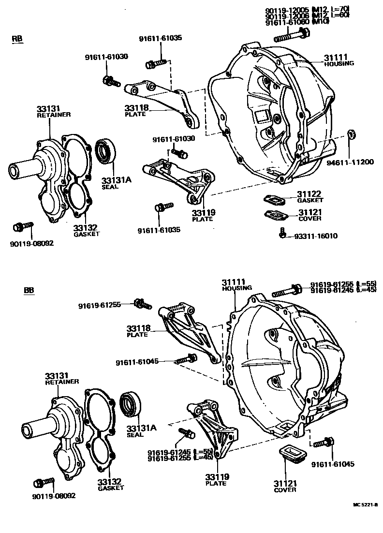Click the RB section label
tap(17, 39)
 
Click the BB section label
tap(29, 291)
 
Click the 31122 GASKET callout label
tap(310, 197)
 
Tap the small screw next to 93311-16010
tap(283, 235)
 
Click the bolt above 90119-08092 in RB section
tap(23, 226)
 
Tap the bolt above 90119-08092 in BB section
tap(44, 482)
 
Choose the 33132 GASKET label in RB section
tap(86, 230)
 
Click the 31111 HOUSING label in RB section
tap(339, 60)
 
